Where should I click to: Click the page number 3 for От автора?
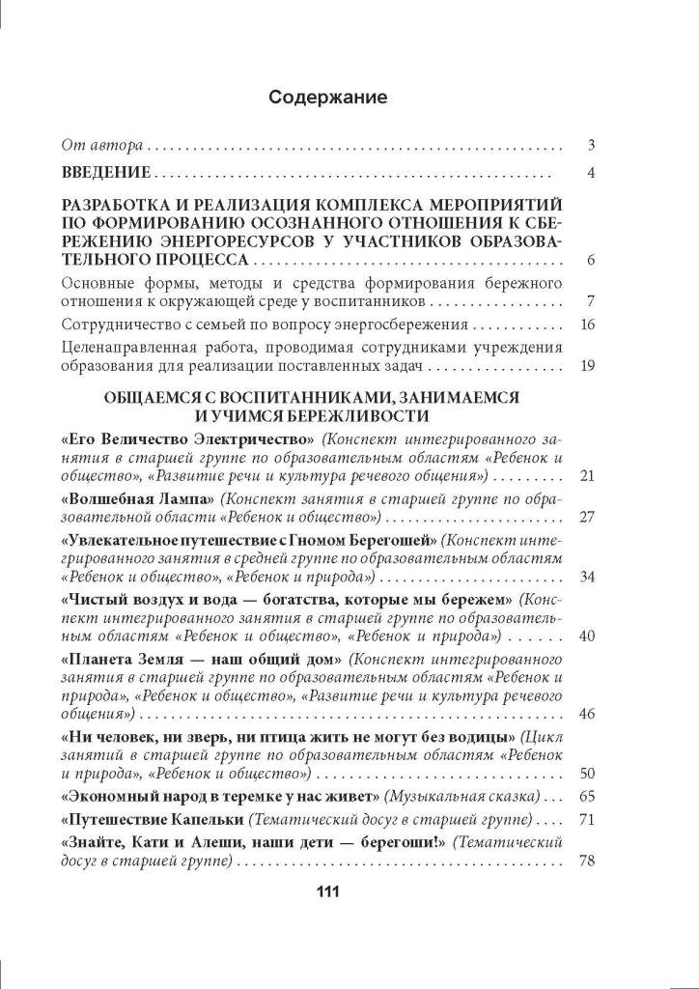coord(590,147)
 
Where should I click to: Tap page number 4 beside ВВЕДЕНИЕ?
coord(590,174)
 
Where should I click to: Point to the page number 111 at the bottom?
coord(330,891)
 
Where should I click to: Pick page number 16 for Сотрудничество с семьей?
coord(586,325)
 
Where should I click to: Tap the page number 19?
coord(586,366)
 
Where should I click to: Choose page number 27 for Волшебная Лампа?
coord(586,517)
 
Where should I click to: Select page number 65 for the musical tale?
coord(586,797)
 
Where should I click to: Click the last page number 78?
coord(586,862)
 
